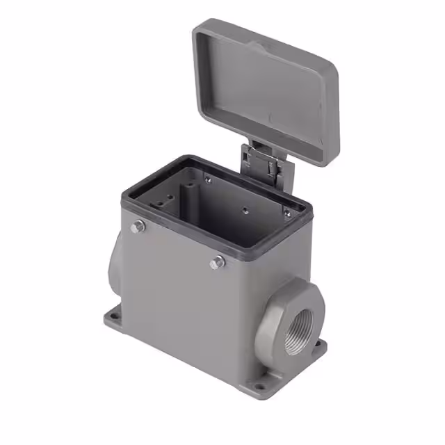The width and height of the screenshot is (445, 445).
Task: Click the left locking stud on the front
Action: point(138,227)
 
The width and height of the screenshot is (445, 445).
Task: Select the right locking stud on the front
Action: point(218,262)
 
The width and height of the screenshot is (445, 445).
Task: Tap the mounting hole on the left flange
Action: point(113,318)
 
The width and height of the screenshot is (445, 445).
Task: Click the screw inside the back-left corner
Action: point(208,179)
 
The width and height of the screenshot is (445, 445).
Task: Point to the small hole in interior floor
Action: point(245,209)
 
